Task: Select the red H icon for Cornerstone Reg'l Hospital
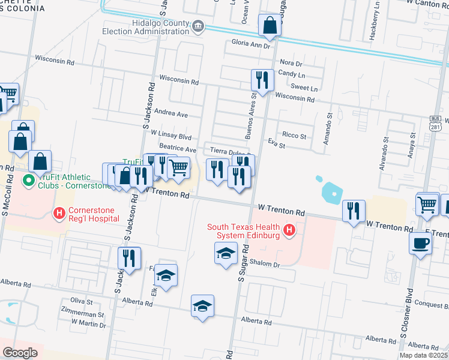pyautogui.click(x=59, y=212)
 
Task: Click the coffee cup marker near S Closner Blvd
pyautogui.click(x=420, y=243)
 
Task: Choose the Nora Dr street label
pyautogui.click(x=291, y=63)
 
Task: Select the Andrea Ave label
pyautogui.click(x=171, y=113)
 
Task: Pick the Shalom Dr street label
pyautogui.click(x=264, y=265)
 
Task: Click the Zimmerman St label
pyautogui.click(x=82, y=314)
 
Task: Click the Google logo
pyautogui.click(x=20, y=352)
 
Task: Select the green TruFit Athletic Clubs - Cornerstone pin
pyautogui.click(x=28, y=180)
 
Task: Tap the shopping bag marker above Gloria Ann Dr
pyautogui.click(x=270, y=25)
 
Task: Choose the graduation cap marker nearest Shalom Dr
pyautogui.click(x=226, y=253)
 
